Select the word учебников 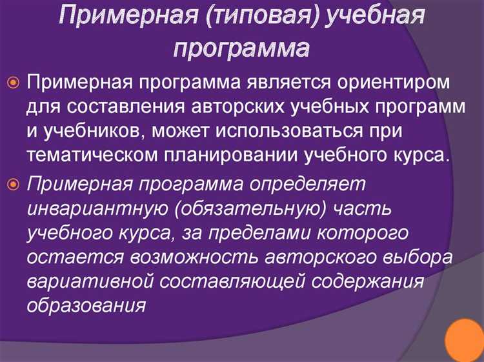[x=88, y=132]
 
